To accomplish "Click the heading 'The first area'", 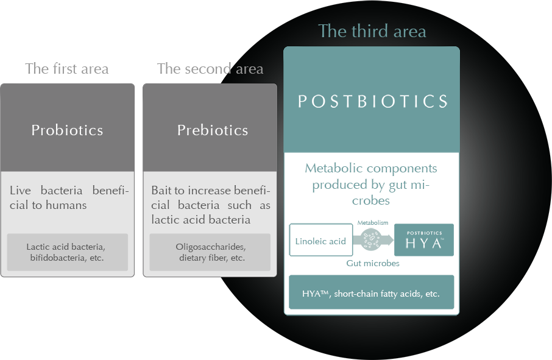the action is pos(67,69).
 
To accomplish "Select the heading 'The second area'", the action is pos(210,69).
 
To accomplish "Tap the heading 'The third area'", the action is pos(372,31).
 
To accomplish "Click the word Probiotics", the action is pos(67,130).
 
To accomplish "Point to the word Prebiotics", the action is pos(213,130).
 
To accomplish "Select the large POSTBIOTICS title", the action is pos(373,101).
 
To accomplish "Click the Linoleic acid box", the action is pos(320,240).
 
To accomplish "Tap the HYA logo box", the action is pos(424,240).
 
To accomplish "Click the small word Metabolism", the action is pos(373,223).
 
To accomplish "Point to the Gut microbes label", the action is pos(373,263).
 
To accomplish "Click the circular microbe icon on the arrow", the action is pos(371,239).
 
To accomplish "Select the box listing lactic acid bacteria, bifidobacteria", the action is pos(67,252).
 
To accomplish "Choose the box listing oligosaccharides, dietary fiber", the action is pos(210,252).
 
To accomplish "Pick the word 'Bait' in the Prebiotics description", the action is pos(161,191).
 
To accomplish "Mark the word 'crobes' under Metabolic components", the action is pos(371,200).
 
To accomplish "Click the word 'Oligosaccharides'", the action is pos(211,247).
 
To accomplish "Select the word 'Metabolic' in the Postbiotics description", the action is pos(333,168).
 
